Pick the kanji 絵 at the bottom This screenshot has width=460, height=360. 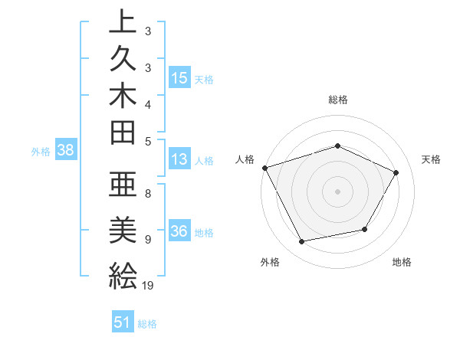coord(123,273)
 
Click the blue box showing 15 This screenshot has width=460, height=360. coord(179,77)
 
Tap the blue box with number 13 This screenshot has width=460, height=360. coord(179,160)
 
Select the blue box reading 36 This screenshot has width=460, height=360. coord(179,232)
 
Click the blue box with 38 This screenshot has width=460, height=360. coord(66,151)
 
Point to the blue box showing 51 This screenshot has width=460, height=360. coord(123,322)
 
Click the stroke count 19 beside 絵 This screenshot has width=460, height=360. coord(149,286)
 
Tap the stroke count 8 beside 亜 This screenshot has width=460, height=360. coord(148,194)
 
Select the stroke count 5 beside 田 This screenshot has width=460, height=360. coord(148,140)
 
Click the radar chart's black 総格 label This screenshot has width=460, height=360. coord(337,100)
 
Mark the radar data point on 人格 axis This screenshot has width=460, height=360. coord(264,167)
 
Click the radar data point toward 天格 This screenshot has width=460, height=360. coord(396,172)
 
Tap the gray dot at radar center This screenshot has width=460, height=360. coord(337,191)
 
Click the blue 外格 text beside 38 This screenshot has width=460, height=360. coord(41,152)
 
